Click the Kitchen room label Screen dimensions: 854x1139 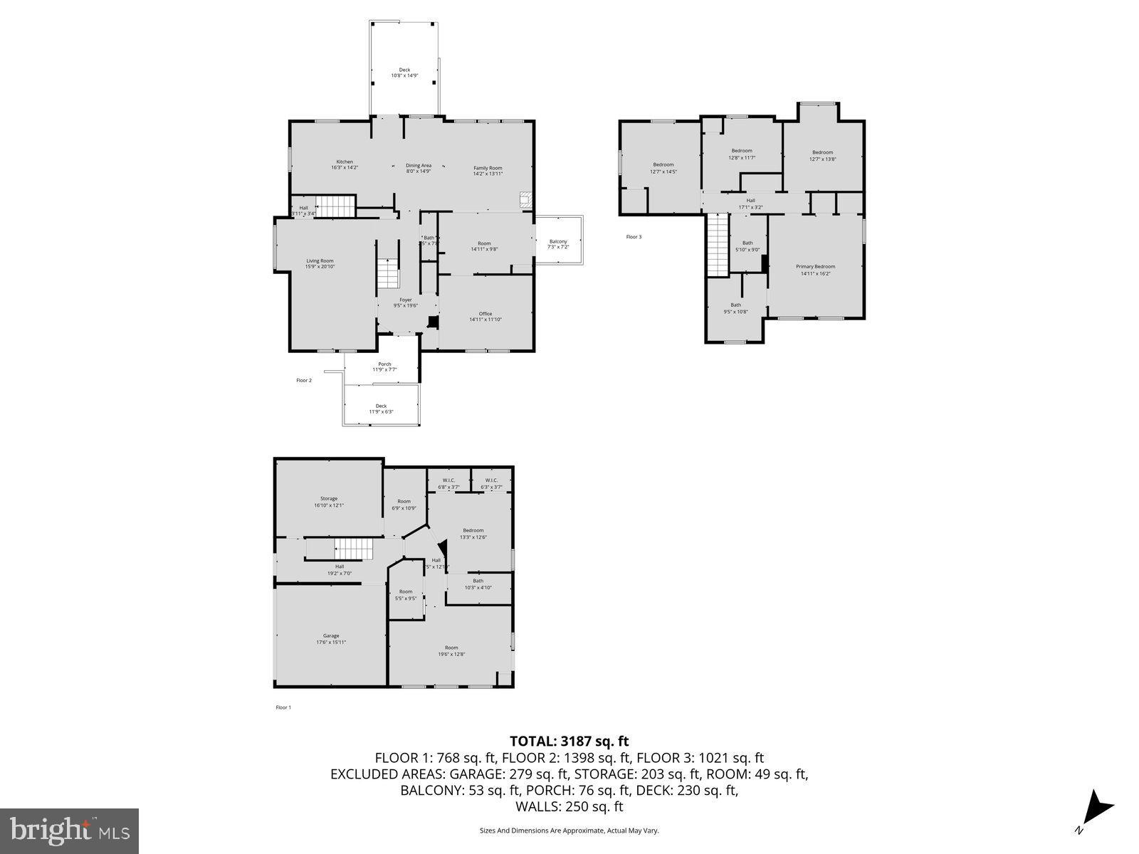[x=345, y=164]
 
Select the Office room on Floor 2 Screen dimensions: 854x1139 [x=485, y=316]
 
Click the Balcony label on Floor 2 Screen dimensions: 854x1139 [x=558, y=244]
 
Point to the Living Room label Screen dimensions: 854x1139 [x=320, y=263]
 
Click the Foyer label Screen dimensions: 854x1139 [x=406, y=302]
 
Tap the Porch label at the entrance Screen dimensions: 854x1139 [x=384, y=367]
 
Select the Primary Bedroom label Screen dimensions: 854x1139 [x=815, y=269]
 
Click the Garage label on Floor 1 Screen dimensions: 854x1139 [x=331, y=638]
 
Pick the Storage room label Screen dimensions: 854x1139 [x=329, y=502]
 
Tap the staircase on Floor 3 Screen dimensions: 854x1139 [x=718, y=246]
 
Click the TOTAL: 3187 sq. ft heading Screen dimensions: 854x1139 [x=569, y=741]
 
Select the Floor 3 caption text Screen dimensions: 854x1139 [x=634, y=237]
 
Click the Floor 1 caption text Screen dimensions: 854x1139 [x=283, y=707]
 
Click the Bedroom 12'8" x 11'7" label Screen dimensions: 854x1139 [x=742, y=154]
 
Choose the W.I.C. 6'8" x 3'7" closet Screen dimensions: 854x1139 [x=448, y=483]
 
